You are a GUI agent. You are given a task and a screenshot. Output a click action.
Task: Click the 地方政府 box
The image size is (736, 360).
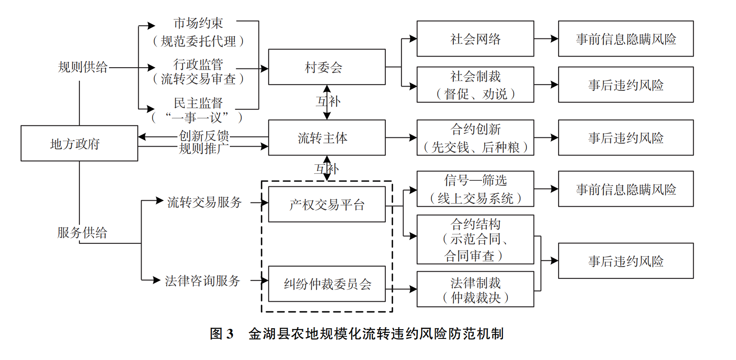[x=79, y=143]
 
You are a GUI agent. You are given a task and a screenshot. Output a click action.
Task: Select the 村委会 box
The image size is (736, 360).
[x=327, y=67]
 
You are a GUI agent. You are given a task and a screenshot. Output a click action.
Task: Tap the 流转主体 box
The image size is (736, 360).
[x=327, y=138]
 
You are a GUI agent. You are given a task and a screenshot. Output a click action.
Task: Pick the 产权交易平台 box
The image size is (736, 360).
[x=327, y=205]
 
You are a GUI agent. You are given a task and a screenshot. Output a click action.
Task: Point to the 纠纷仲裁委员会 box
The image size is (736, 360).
[x=327, y=284]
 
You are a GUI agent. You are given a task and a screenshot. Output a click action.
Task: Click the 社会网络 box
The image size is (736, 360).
[x=475, y=39]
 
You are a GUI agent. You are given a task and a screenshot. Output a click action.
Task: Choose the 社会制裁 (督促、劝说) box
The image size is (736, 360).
[x=475, y=85]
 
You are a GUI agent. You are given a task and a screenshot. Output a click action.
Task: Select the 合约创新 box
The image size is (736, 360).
[x=475, y=138]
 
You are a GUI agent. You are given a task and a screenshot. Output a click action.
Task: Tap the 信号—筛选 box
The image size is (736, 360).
[x=475, y=189]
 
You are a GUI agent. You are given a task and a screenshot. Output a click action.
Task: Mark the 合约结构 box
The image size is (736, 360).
[x=475, y=240]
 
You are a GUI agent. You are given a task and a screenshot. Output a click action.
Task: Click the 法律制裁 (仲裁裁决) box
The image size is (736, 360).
[x=475, y=289]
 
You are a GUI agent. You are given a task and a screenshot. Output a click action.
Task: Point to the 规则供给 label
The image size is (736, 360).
[x=83, y=67]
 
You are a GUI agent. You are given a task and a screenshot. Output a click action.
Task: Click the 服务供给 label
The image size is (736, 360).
[x=82, y=232]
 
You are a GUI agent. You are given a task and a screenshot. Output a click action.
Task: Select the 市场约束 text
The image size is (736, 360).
[x=198, y=23]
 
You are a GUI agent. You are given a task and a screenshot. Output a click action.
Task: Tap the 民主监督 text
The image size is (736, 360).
[x=198, y=103]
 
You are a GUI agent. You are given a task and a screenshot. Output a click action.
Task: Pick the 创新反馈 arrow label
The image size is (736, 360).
[x=204, y=136]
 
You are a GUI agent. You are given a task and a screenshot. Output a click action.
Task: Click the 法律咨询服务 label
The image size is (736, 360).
[x=202, y=281]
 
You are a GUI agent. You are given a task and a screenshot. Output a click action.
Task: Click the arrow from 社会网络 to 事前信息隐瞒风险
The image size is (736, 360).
[x=546, y=39]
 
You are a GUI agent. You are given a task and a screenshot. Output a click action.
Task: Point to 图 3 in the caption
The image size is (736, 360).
[x=222, y=334]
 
